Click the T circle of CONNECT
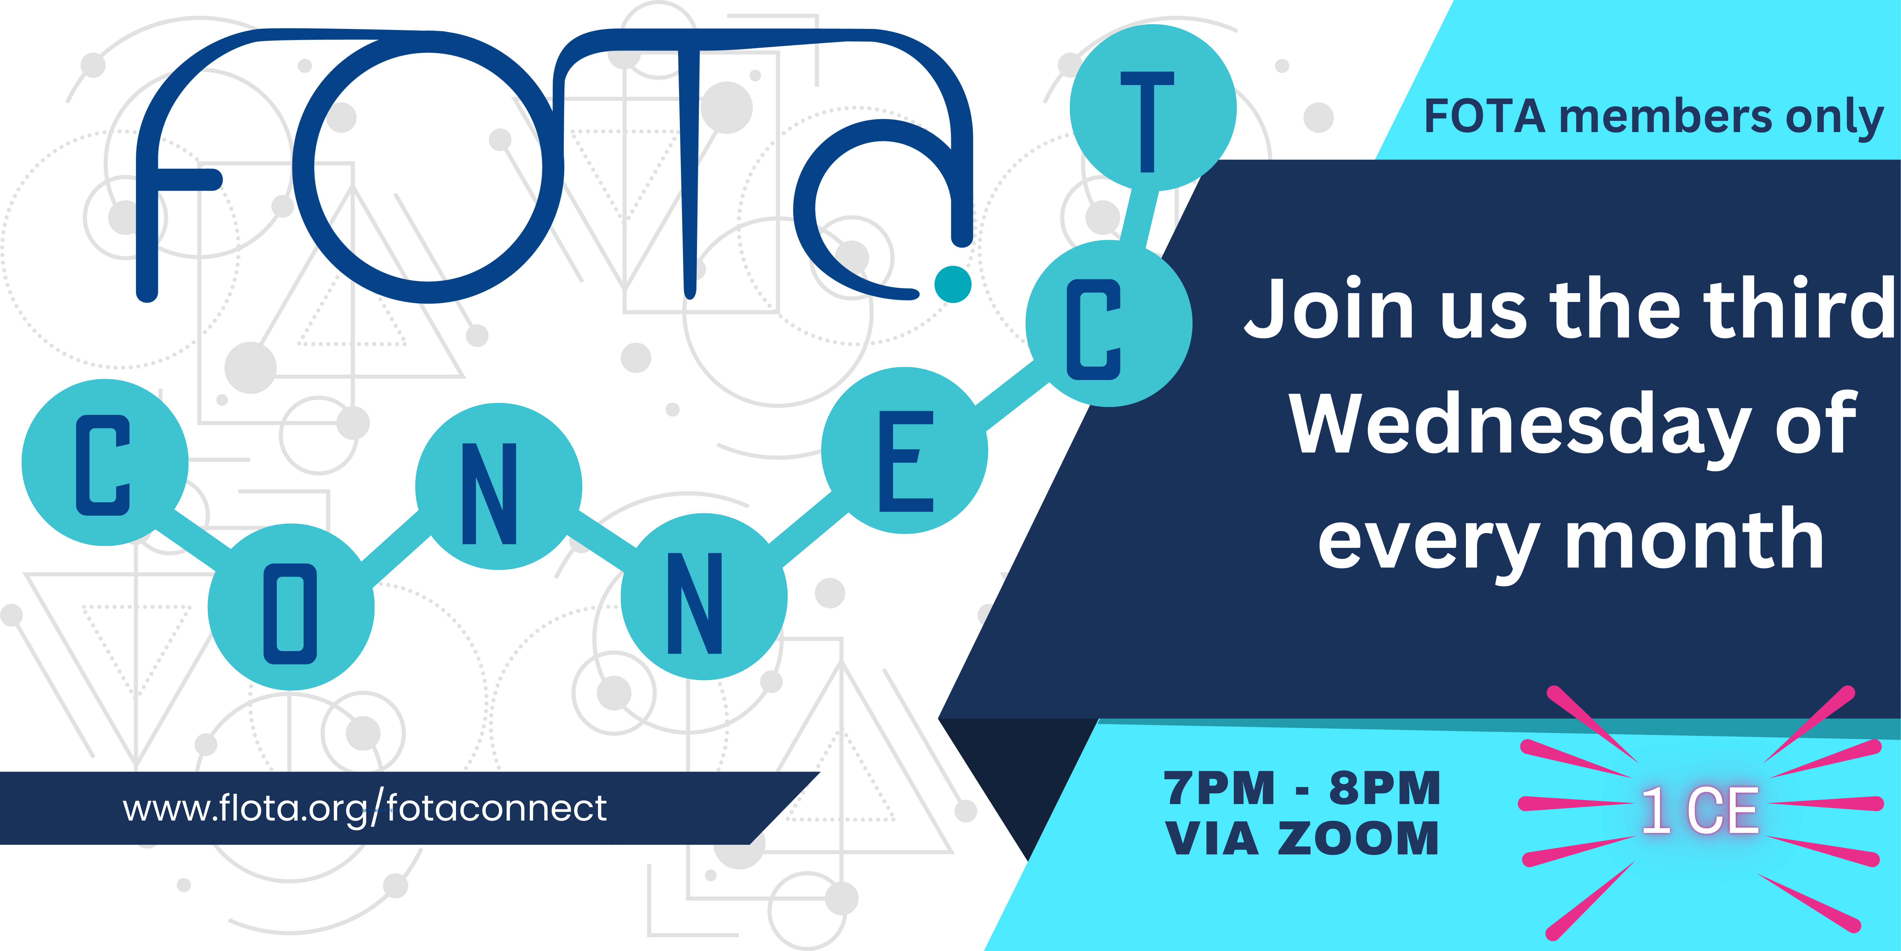click(x=1153, y=108)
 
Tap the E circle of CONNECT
click(x=905, y=450)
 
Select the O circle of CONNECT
click(x=291, y=607)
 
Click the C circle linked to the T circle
click(x=1109, y=323)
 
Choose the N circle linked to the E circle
click(x=704, y=597)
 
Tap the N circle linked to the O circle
click(x=499, y=487)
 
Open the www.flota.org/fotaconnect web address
click(x=365, y=808)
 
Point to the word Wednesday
click(x=1520, y=425)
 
